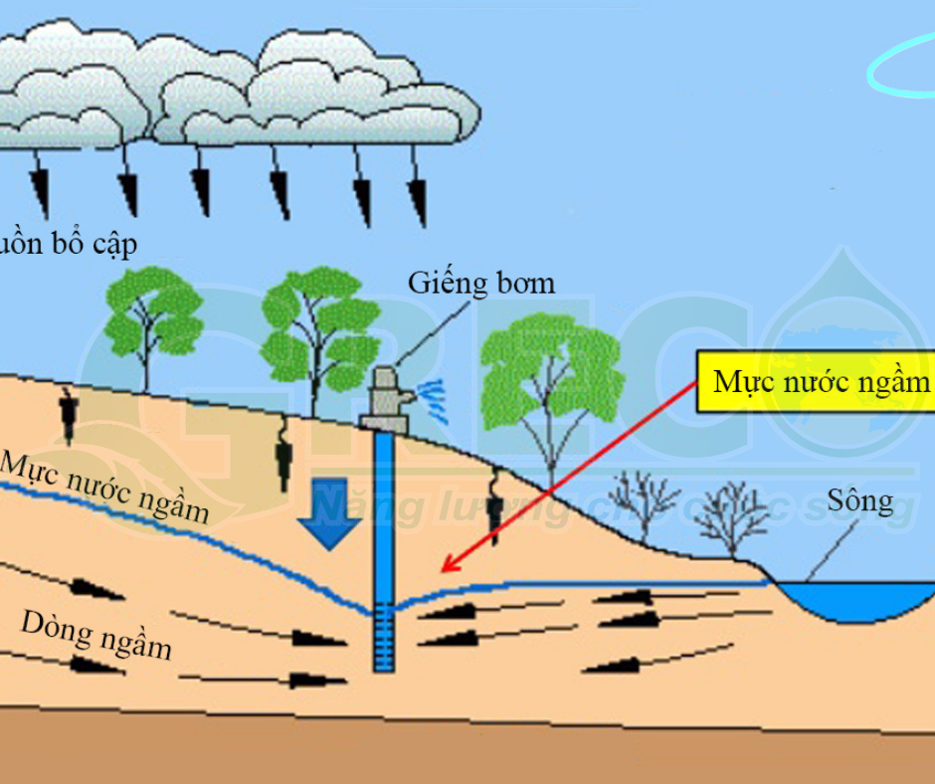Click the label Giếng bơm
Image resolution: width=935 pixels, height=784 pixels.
(481, 283)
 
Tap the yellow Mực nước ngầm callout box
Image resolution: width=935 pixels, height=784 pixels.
(819, 382)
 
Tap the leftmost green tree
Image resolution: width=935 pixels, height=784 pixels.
(152, 316)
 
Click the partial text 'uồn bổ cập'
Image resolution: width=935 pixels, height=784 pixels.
(68, 243)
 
